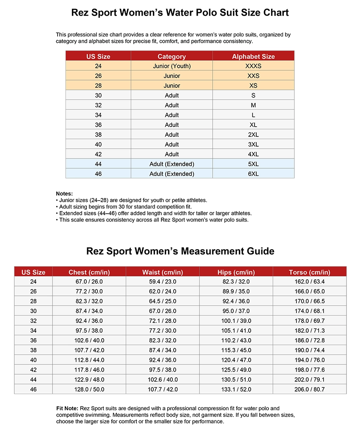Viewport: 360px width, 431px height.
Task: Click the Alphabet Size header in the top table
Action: pos(253,56)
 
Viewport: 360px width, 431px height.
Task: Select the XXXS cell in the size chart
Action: pos(253,66)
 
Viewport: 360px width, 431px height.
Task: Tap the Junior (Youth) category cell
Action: pos(172,66)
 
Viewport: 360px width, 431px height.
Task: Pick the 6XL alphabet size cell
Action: pos(253,174)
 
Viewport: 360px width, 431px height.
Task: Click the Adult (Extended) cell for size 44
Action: pos(172,164)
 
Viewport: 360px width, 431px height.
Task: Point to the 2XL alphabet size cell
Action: pos(253,135)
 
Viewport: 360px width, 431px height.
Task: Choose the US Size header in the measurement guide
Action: pos(33,272)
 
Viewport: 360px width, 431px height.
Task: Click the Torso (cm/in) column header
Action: pos(309,272)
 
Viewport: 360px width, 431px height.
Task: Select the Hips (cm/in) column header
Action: pos(236,272)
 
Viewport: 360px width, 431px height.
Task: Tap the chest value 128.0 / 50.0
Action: pos(89,389)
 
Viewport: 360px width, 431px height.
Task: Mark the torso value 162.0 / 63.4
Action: pos(309,281)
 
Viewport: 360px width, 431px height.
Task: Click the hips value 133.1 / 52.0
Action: pos(236,389)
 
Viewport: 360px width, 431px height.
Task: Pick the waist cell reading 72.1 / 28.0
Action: pos(162,321)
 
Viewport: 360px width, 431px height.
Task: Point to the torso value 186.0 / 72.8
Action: pos(309,340)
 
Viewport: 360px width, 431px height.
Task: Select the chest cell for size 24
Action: pos(89,281)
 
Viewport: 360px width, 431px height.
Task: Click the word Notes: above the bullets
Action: pos(64,194)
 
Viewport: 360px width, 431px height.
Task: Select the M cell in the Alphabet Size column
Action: pos(253,105)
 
